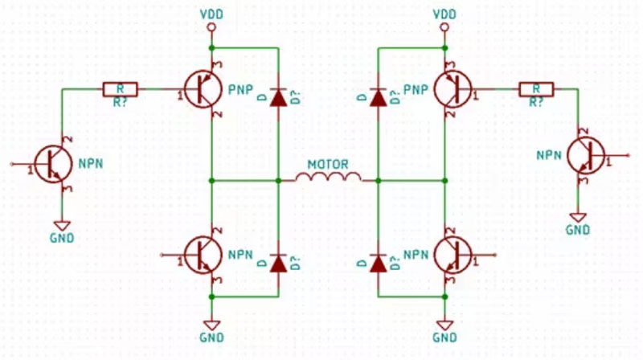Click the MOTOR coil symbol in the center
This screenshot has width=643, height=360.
(x=327, y=178)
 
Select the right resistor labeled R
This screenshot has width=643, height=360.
(x=535, y=89)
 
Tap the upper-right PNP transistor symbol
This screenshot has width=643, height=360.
(x=453, y=89)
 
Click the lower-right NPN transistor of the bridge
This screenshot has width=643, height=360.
(x=453, y=255)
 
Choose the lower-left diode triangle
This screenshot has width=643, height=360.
(x=278, y=262)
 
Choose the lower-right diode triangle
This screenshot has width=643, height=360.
(x=376, y=262)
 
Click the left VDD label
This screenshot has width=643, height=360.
(x=211, y=14)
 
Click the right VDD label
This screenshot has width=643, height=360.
(x=443, y=14)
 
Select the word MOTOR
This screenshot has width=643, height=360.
(x=327, y=164)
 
